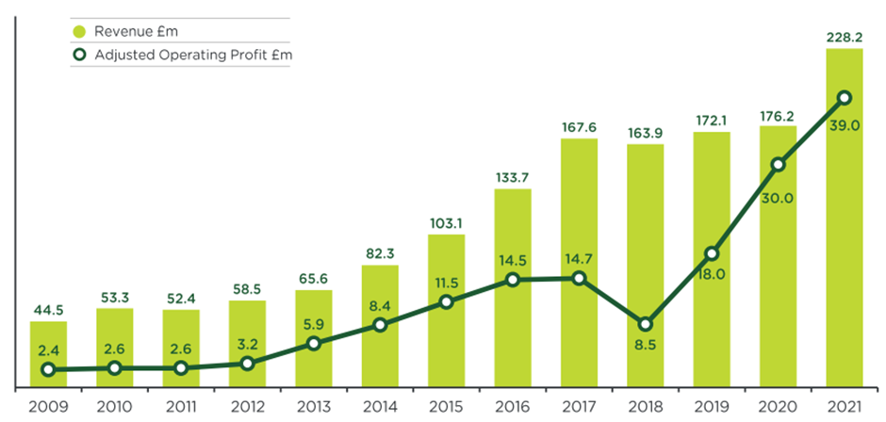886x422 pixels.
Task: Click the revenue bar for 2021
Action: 845,218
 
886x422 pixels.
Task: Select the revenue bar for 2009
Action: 48,354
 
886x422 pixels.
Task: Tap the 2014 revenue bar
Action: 380,326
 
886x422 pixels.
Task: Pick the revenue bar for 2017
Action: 579,263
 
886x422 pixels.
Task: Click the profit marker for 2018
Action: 646,324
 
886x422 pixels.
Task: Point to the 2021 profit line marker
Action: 845,98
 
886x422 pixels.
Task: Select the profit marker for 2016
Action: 513,280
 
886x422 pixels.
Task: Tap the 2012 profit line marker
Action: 247,364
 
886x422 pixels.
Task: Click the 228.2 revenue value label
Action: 845,38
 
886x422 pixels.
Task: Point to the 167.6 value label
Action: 579,127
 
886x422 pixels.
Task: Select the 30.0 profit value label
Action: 778,199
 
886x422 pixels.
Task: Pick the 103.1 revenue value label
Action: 447,222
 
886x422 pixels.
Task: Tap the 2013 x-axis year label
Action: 314,407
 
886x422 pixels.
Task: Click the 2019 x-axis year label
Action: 712,407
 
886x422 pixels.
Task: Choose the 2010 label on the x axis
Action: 115,407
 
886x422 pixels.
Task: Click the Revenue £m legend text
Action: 136,31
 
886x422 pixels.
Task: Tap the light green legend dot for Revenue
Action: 80,31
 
